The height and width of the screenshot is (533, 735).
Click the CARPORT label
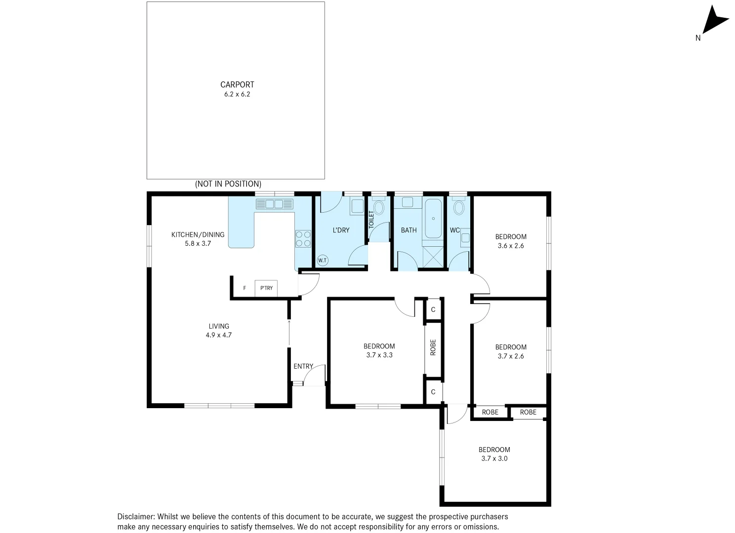[x=237, y=84]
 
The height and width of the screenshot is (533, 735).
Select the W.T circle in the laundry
[x=322, y=260]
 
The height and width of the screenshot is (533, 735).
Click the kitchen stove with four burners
[x=303, y=239]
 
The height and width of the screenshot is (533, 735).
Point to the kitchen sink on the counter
[x=274, y=204]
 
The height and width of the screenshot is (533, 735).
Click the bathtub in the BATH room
[x=433, y=219]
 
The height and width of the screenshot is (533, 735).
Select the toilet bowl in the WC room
[x=459, y=207]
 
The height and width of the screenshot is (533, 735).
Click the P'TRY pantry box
[x=266, y=288]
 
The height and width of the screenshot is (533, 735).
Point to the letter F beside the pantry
[x=245, y=288]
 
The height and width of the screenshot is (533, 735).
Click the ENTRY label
[x=303, y=366]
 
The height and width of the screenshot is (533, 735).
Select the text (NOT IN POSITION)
[x=228, y=184]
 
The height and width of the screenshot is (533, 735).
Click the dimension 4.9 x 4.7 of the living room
[x=219, y=335]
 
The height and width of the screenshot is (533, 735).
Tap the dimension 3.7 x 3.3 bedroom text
[x=379, y=355]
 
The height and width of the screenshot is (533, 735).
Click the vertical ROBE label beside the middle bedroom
[x=433, y=347]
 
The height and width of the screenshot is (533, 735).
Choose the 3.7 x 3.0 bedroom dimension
[x=494, y=458]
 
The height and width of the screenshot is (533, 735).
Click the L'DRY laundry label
[x=341, y=230]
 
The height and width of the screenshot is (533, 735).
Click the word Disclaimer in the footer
[x=136, y=517]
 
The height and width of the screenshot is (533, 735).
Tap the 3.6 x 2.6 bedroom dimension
[x=511, y=246]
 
